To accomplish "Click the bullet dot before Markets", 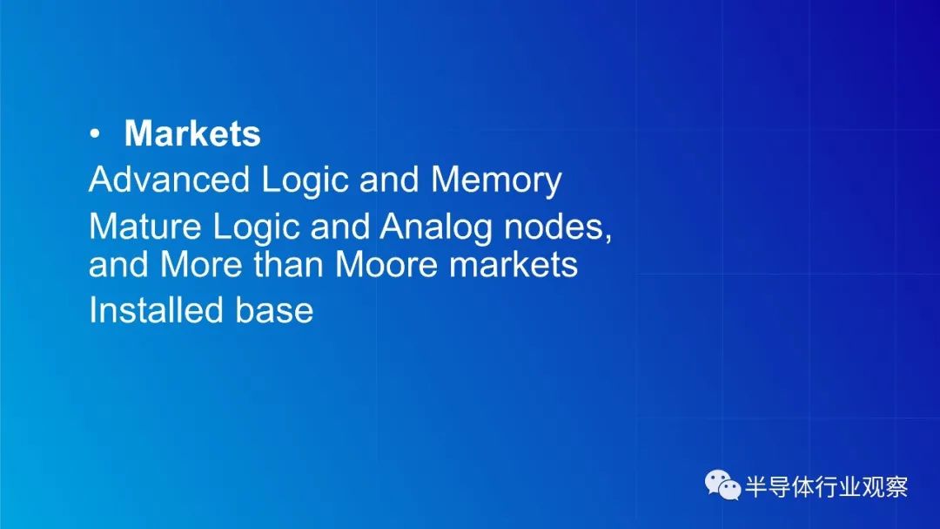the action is coord(95,134).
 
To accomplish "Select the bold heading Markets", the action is coord(192,132).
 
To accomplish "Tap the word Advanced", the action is coord(169,179).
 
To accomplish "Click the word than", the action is coord(288,264).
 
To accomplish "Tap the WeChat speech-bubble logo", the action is coord(722,485).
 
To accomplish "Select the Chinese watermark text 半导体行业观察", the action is coord(826,486).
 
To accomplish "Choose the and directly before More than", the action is coord(118,264).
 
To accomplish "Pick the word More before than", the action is coord(201,264).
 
